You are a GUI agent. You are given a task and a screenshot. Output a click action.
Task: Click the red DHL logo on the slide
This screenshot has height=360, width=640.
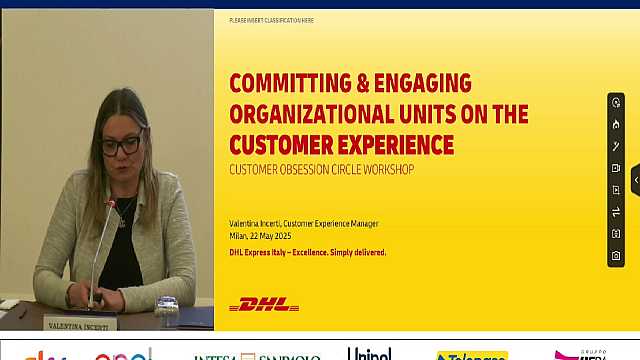pyautogui.click(x=264, y=304)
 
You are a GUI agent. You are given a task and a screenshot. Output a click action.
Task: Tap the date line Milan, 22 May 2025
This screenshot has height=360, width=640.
pyautogui.click(x=267, y=237)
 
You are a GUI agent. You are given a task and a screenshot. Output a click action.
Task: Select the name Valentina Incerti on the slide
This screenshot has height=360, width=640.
pyautogui.click(x=254, y=223)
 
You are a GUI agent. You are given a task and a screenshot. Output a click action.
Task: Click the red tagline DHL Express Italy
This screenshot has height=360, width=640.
pyautogui.click(x=264, y=252)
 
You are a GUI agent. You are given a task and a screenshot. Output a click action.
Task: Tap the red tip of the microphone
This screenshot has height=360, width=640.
pyautogui.click(x=112, y=203)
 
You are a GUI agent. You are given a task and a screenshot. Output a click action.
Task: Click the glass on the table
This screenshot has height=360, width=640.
pyautogui.click(x=167, y=312)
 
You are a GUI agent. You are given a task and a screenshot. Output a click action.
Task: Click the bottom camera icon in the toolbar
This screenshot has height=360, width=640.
pyautogui.click(x=616, y=256)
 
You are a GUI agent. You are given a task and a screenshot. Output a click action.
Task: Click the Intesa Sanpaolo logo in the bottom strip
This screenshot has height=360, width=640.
pyautogui.click(x=257, y=356)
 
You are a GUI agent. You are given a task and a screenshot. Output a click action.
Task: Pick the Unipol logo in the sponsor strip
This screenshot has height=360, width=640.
pyautogui.click(x=369, y=354)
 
